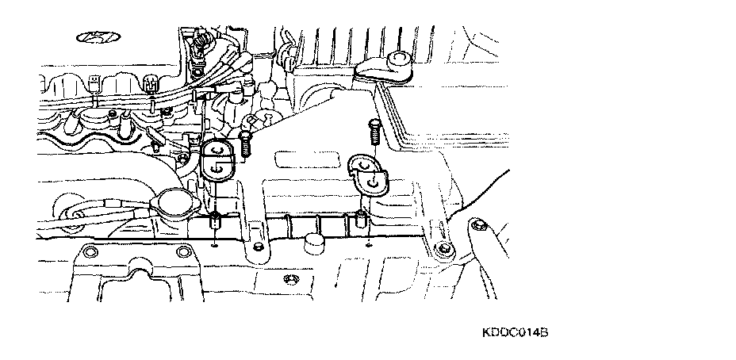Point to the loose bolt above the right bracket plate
(374, 131)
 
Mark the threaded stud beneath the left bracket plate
(215, 223)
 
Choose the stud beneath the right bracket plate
(362, 221)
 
